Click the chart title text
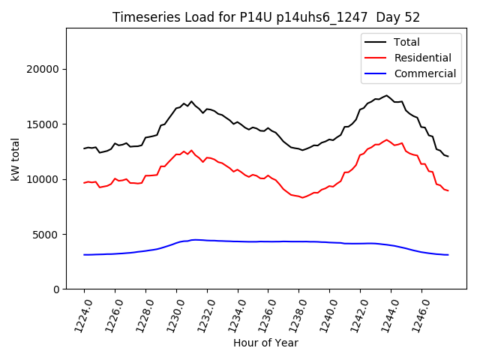(266, 17)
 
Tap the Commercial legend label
(424, 73)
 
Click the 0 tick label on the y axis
(57, 289)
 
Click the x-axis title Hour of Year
(265, 343)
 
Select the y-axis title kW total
(15, 158)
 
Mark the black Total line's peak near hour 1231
(191, 101)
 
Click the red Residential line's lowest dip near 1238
(302, 197)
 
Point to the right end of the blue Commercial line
(448, 255)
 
